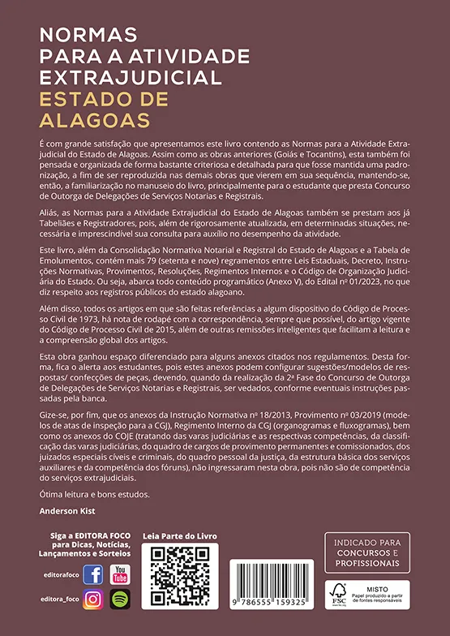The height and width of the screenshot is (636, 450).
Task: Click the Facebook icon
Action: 93,575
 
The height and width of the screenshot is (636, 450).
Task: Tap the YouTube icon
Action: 120,574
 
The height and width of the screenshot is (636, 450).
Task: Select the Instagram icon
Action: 93,600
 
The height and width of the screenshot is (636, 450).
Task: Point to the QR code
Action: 181,583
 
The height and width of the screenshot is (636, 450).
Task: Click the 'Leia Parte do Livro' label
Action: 181,536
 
